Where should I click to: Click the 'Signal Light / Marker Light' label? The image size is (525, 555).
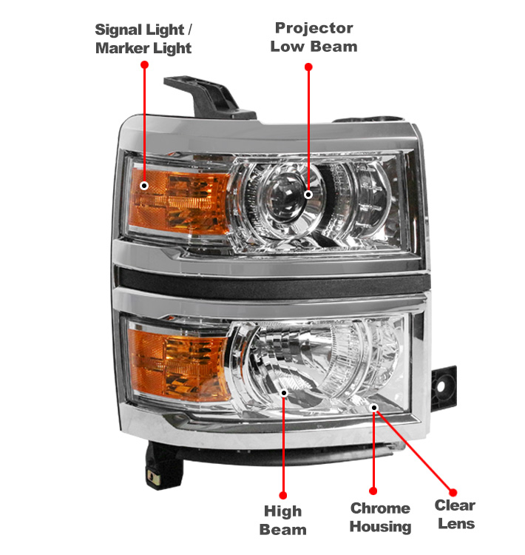[x=143, y=39]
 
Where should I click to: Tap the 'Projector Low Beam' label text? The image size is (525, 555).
[x=314, y=37]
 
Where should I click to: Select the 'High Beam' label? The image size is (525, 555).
[x=283, y=520]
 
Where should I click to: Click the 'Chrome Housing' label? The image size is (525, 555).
[x=380, y=517]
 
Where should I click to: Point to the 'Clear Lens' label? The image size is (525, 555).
[x=455, y=514]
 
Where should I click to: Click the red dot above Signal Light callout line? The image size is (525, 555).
[x=145, y=65]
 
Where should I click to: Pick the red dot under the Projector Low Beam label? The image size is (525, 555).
[x=308, y=67]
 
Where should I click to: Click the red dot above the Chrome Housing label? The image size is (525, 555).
[x=374, y=491]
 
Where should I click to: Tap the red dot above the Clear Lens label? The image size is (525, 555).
[x=453, y=491]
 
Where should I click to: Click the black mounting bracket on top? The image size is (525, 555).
[x=203, y=96]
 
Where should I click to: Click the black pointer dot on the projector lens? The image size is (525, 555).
[x=308, y=195]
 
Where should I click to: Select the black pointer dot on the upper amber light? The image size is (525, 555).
[x=145, y=185]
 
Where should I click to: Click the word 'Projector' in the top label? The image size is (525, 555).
[x=314, y=28]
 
